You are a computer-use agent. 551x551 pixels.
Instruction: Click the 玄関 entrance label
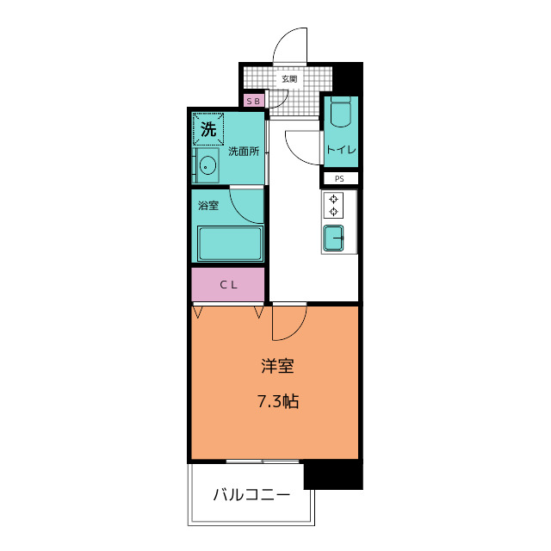pyautogui.click(x=288, y=80)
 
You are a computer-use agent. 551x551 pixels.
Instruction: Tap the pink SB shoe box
pyautogui.click(x=253, y=102)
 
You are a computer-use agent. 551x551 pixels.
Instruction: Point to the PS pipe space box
pyautogui.click(x=340, y=178)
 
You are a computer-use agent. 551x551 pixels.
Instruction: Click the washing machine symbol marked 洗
pyautogui.click(x=208, y=130)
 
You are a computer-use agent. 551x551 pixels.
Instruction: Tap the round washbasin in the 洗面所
pyautogui.click(x=207, y=164)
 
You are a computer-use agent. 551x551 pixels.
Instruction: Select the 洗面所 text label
pyautogui.click(x=244, y=152)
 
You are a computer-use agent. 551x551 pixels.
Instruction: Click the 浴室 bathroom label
pyautogui.click(x=208, y=206)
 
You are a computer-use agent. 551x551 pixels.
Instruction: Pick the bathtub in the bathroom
pyautogui.click(x=229, y=244)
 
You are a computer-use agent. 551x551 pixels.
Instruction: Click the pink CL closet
pyautogui.click(x=228, y=285)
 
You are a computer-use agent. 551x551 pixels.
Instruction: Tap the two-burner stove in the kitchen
pyautogui.click(x=333, y=207)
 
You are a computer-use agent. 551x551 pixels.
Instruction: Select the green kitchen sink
pyautogui.click(x=333, y=237)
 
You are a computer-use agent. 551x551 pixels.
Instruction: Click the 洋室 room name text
pyautogui.click(x=278, y=366)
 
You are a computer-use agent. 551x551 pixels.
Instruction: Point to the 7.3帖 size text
pyautogui.click(x=278, y=401)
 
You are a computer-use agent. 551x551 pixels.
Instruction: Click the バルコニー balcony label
pyautogui.click(x=251, y=496)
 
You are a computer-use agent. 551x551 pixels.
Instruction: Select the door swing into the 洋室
pyautogui.click(x=289, y=322)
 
